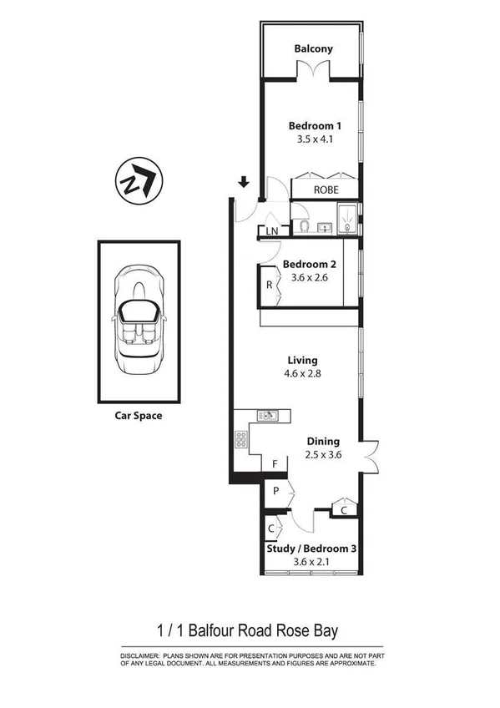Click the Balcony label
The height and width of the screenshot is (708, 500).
[313, 48]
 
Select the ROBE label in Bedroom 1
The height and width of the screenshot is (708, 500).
[326, 190]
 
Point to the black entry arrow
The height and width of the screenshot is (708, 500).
[244, 182]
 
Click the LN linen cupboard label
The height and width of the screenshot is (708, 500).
[272, 231]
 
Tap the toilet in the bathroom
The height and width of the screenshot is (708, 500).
[305, 226]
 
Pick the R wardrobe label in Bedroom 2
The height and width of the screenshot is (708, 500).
[269, 285]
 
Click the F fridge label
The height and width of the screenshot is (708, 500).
[274, 464]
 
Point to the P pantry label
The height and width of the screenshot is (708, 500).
[275, 492]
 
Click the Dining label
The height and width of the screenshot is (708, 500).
[323, 441]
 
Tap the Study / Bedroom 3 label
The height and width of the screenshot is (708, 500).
[312, 549]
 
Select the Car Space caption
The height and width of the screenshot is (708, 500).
[139, 415]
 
